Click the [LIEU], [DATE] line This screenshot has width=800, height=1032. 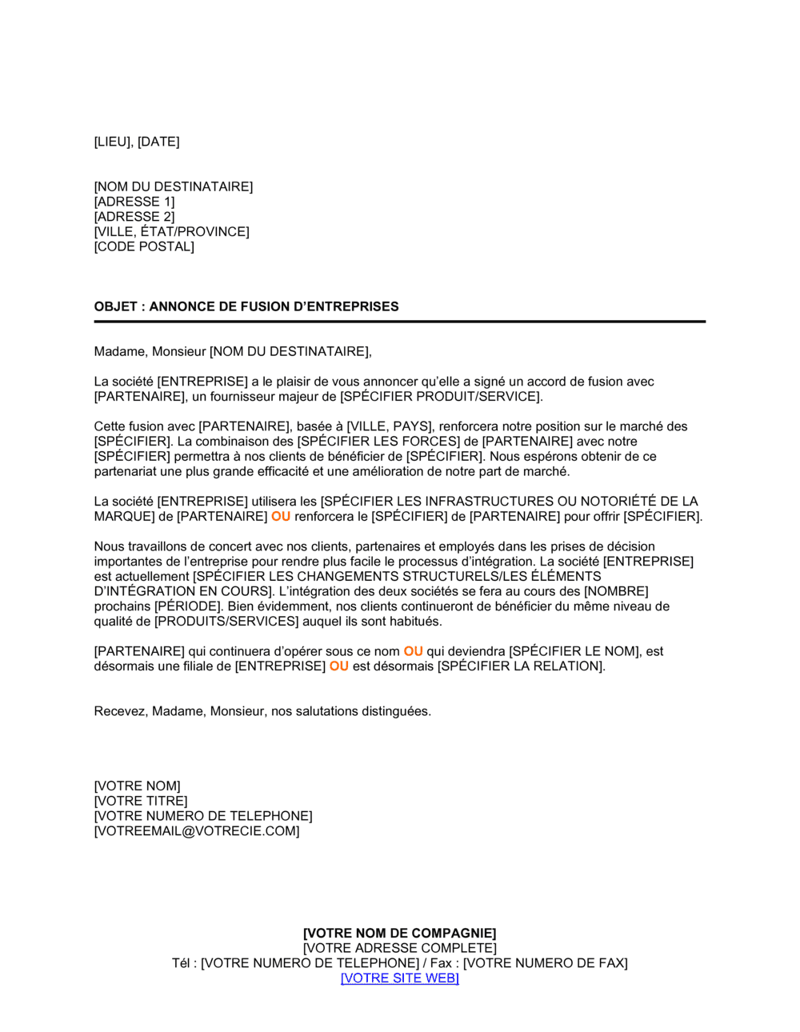[137, 142]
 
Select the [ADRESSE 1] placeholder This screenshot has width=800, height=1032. [134, 202]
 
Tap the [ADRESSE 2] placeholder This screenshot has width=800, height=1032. [134, 217]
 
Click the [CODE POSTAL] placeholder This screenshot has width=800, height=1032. [144, 246]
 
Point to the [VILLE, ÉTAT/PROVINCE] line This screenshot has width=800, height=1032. [171, 232]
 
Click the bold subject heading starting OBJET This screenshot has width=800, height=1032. [246, 306]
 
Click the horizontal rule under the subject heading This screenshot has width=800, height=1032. [400, 322]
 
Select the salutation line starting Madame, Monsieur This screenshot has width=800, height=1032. [233, 351]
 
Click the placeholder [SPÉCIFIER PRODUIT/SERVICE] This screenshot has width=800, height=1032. [441, 397]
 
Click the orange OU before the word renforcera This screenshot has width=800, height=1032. [281, 517]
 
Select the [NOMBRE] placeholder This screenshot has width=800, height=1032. [616, 591]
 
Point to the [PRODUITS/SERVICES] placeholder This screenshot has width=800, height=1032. [226, 622]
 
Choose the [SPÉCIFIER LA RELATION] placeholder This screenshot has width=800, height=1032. [520, 666]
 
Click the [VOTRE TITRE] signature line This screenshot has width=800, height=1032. [141, 801]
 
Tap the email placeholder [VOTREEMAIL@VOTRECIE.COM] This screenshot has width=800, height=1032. [197, 831]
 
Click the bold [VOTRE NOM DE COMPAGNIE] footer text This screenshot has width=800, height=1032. [400, 933]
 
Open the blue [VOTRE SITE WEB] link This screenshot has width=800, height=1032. [400, 978]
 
